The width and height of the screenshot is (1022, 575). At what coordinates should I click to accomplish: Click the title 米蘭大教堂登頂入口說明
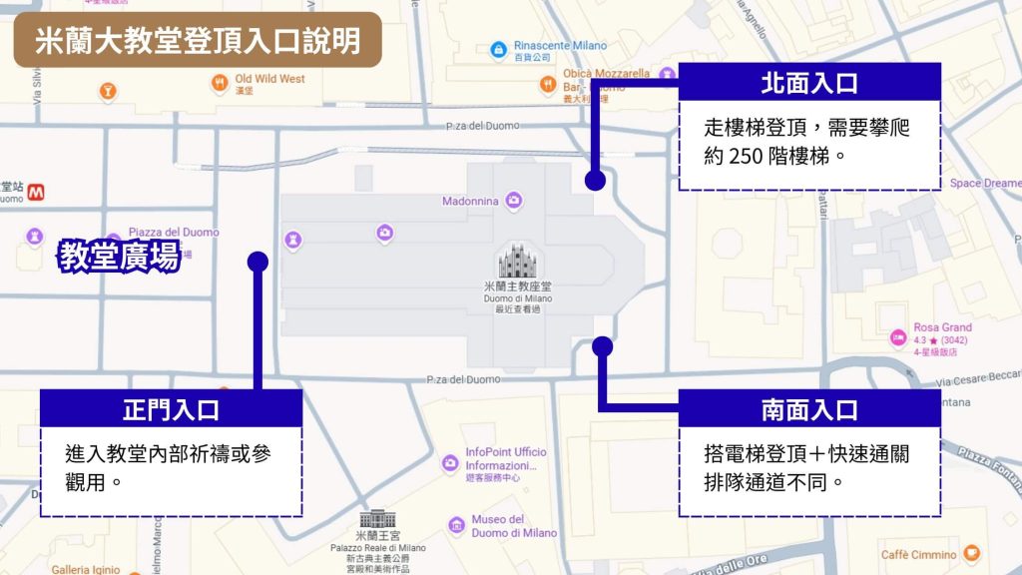(198, 40)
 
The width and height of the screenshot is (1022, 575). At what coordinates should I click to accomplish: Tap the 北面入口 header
(809, 83)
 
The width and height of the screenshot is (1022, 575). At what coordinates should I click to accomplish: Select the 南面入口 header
(809, 409)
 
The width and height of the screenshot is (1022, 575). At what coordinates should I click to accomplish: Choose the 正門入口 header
(171, 409)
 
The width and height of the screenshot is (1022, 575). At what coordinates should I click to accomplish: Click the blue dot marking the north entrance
(595, 181)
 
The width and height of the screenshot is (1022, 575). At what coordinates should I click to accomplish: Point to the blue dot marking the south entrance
(602, 346)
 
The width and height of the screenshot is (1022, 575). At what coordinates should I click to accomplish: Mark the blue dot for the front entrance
(257, 262)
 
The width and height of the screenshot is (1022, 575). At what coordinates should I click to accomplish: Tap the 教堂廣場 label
(119, 257)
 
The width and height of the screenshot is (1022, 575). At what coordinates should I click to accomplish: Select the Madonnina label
(471, 202)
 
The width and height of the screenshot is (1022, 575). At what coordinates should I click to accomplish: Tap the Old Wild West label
(269, 79)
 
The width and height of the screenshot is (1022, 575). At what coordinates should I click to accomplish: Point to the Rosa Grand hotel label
(942, 327)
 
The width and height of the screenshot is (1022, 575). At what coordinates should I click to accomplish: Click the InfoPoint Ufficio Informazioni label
(505, 458)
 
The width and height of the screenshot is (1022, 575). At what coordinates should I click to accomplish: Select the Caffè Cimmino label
(918, 555)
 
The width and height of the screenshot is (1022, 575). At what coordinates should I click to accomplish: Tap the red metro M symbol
(35, 190)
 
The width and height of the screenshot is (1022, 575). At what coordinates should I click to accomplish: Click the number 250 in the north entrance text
(756, 156)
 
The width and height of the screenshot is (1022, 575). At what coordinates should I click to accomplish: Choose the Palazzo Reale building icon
(377, 519)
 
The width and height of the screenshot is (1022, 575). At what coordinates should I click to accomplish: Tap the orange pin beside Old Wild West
(221, 83)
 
